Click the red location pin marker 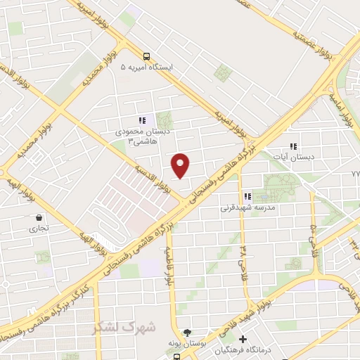pos(181,165)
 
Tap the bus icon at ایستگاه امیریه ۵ pos(146,57)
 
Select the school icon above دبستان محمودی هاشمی pos(142,120)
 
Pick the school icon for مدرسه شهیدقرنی pos(247,197)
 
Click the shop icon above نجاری pos(38,218)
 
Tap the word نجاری pos(38,229)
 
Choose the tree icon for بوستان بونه pos(186,333)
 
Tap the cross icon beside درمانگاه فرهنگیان pos(243,339)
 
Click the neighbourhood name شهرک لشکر pos(115,328)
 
